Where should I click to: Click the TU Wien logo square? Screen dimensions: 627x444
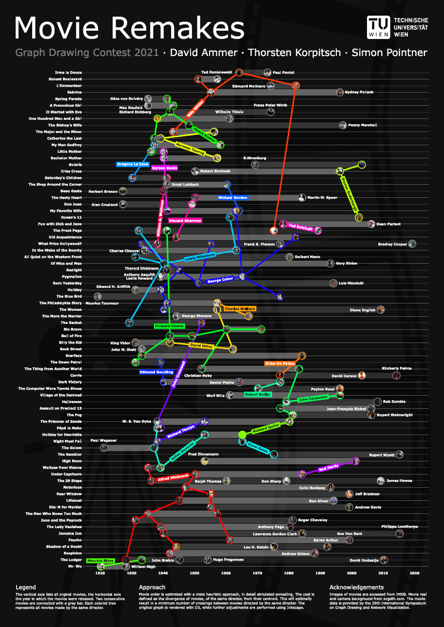pos(378,27)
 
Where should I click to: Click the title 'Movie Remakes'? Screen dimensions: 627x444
pos(129,28)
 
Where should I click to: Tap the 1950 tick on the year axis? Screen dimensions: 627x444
pos(195,573)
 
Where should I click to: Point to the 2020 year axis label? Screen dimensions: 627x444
pos(415,573)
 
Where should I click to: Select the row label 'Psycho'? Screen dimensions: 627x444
pos(74,540)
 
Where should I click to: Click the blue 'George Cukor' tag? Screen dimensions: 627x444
pos(221,281)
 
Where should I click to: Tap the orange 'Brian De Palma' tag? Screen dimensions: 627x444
pos(280,363)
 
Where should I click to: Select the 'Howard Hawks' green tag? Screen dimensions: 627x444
pos(167,326)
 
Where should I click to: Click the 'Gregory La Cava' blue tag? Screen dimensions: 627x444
pos(132,164)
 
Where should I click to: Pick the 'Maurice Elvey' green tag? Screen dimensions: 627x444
pos(100,561)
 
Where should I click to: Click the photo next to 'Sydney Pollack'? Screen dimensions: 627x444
pos(340,92)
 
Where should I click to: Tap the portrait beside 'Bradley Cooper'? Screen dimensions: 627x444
pos(412,244)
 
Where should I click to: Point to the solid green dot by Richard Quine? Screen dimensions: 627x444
pos(242,434)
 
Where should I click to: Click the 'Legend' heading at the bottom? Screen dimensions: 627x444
pos(26,587)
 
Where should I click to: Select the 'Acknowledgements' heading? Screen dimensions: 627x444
pos(356,587)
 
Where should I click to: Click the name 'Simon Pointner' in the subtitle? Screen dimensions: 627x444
pos(389,53)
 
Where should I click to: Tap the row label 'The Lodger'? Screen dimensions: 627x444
pos(71,560)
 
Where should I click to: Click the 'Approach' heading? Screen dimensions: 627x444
pos(152,587)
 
